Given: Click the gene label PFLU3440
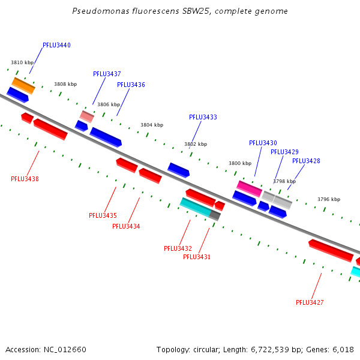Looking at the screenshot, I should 56,46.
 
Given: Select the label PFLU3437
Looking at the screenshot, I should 107,74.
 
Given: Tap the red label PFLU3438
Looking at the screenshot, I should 25,179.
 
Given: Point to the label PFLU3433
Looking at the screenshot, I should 203,118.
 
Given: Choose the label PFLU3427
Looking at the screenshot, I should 310,302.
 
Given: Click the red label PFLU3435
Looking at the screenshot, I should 103,215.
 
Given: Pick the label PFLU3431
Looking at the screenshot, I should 197,257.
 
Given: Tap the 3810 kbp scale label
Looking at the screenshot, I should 22,62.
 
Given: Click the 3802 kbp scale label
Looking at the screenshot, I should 195,144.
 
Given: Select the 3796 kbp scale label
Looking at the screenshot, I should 328,199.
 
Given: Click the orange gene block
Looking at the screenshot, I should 23,85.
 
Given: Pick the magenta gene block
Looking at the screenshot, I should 250,188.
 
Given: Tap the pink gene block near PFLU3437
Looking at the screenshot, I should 87,116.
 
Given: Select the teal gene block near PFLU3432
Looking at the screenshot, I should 196,206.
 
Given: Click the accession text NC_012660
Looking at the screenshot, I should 66,349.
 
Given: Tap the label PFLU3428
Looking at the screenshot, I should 306,161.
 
